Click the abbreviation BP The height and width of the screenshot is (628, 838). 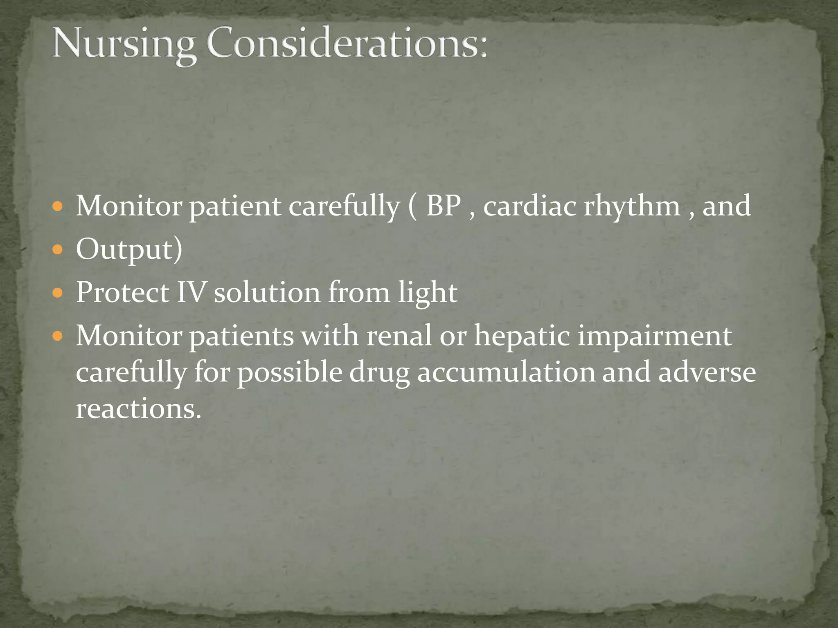click(444, 205)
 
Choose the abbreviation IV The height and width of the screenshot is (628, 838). click(191, 293)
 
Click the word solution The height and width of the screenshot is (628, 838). click(267, 293)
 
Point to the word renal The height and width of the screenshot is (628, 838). click(399, 336)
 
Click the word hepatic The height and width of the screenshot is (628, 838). click(522, 337)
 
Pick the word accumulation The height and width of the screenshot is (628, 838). click(506, 373)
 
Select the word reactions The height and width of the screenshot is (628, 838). click(138, 409)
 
